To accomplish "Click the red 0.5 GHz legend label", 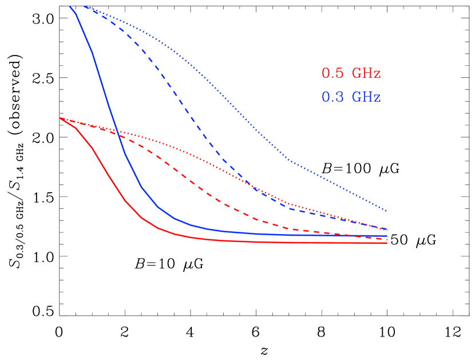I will tap(351, 74).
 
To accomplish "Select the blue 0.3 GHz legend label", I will tap(351, 97).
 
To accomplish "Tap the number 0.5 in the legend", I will tap(332, 74).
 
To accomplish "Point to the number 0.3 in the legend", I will tap(332, 97).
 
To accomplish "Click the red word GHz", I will tap(366, 74).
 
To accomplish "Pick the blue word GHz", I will tap(366, 97).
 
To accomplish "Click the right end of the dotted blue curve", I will tap(387, 211).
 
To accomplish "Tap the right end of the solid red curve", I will tap(387, 243).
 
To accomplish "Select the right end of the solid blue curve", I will tap(387, 235).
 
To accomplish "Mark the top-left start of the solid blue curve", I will tap(70, 6).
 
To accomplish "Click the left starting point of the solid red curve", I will tap(60, 118).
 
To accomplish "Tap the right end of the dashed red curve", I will tap(387, 239).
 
